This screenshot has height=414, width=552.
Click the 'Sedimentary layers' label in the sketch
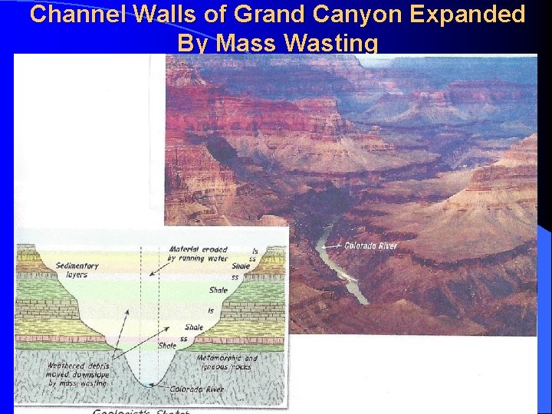pyautogui.click(x=77, y=270)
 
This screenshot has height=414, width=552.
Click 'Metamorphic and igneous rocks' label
pyautogui.click(x=227, y=363)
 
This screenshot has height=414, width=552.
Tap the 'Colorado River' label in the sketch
pyautogui.click(x=199, y=389)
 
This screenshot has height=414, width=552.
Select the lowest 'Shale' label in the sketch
pyautogui.click(x=167, y=346)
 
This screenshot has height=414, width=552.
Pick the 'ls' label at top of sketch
pyautogui.click(x=255, y=250)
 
